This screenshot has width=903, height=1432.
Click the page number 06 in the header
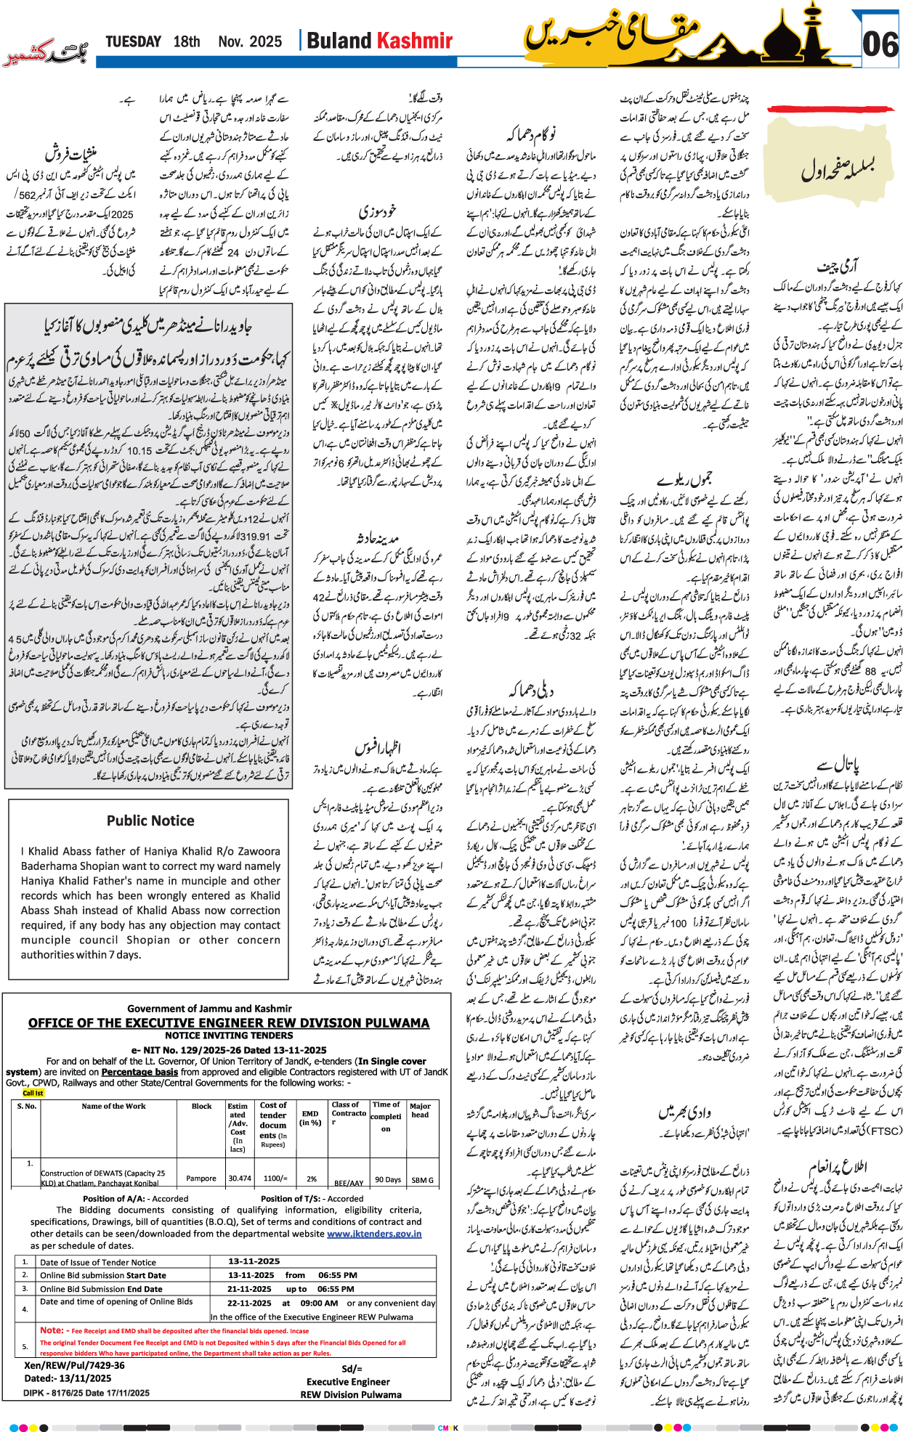click(x=880, y=44)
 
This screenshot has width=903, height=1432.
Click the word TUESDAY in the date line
click(x=133, y=41)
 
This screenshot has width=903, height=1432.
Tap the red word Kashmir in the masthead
click(x=416, y=41)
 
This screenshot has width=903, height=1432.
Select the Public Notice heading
click(x=150, y=821)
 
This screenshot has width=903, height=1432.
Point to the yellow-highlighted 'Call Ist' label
click(x=33, y=1093)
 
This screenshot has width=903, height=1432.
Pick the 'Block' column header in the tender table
click(x=201, y=1107)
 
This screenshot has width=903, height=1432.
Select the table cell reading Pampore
click(x=201, y=1179)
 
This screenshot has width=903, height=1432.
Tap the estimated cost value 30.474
click(x=239, y=1179)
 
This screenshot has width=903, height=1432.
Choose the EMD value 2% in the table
click(x=311, y=1179)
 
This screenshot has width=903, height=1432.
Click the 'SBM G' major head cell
click(x=421, y=1180)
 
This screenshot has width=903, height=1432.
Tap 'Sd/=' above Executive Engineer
click(x=352, y=1369)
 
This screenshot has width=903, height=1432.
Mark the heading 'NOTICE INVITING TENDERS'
click(x=229, y=1036)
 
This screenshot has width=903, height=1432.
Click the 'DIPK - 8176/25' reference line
click(x=86, y=1393)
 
